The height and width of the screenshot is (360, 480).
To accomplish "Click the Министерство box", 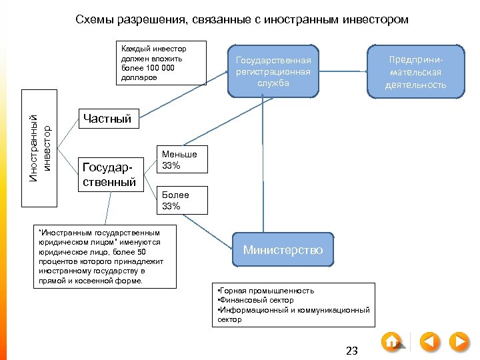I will click(x=283, y=250).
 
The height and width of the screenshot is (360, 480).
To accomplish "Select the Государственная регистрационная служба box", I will click(x=273, y=71).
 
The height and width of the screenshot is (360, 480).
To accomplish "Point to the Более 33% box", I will click(x=181, y=201).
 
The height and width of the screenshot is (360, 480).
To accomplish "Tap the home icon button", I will click(x=392, y=341).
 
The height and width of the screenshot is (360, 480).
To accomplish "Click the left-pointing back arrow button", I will click(x=430, y=341).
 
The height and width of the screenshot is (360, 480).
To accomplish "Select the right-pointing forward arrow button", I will click(x=459, y=341).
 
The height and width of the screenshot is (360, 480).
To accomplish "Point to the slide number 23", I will click(x=352, y=351).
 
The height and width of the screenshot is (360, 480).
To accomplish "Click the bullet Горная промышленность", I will click(x=265, y=291).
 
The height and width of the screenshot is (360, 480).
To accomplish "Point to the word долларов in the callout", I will click(x=140, y=77).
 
